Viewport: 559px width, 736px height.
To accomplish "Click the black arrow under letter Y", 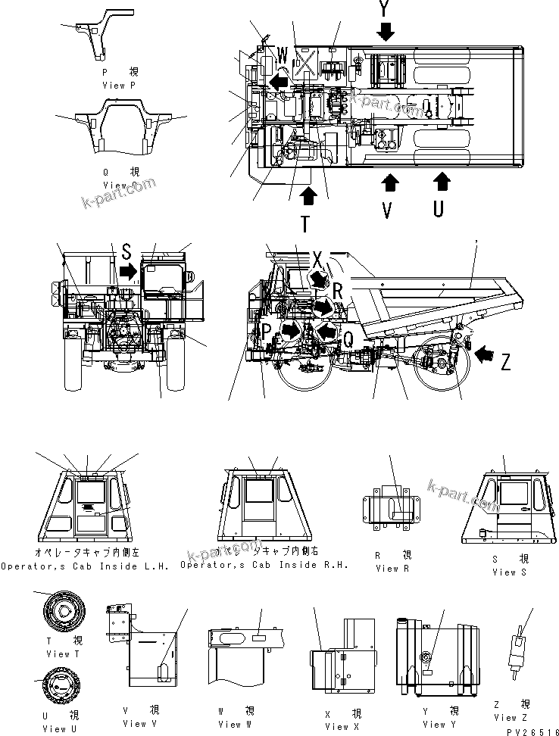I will click(386, 31).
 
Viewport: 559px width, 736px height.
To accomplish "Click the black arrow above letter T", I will click(309, 195).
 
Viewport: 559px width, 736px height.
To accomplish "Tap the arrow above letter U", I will click(441, 182).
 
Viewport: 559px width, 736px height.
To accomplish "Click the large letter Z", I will click(505, 363).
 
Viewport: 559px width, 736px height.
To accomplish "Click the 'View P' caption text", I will click(120, 86).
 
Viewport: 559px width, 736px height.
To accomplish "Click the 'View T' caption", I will click(58, 653).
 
